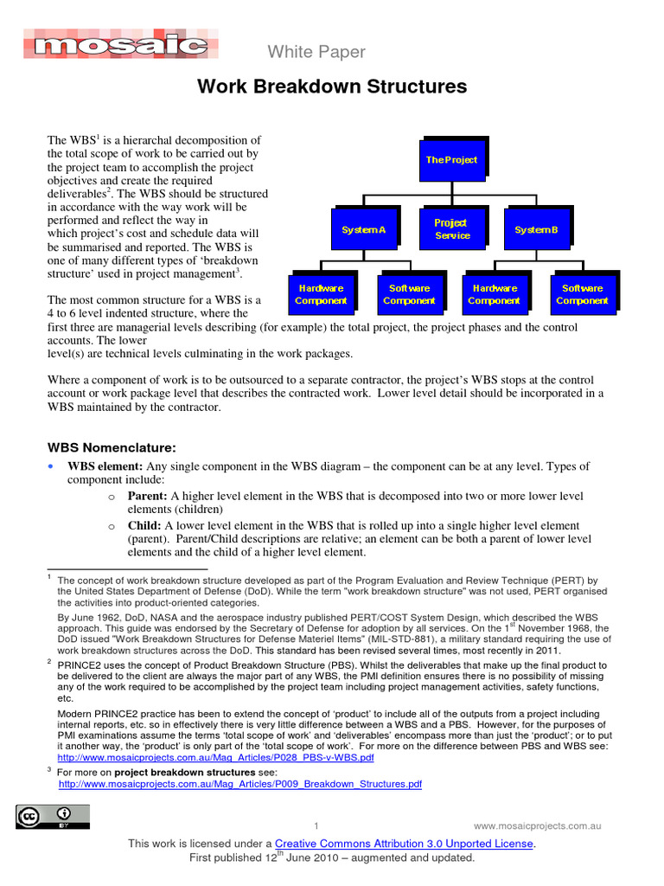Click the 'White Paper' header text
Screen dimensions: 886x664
(316, 52)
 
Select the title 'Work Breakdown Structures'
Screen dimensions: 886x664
(332, 87)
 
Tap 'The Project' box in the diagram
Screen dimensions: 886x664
(450, 160)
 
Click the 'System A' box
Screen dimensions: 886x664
(363, 229)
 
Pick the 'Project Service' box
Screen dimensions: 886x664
(451, 229)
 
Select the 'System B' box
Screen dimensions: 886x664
(536, 229)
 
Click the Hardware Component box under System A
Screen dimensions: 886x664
(321, 294)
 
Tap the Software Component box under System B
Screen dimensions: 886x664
(582, 294)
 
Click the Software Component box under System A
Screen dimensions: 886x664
(409, 294)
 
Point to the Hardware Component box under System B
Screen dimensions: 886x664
(494, 294)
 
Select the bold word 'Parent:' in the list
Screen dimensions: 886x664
(148, 496)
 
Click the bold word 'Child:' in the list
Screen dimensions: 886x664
(145, 525)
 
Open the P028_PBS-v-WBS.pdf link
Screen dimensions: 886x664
(216, 757)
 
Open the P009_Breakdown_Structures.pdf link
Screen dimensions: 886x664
(239, 784)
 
